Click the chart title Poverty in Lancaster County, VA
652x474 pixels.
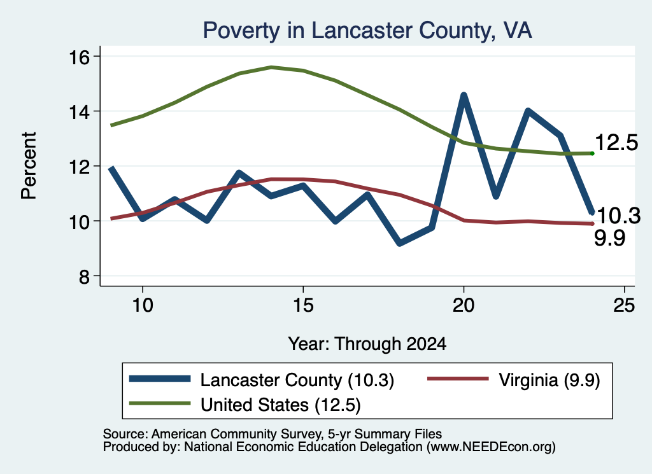[367, 31]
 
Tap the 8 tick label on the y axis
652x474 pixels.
[84, 277]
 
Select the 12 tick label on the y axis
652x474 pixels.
[78, 167]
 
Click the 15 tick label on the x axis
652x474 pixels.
[303, 305]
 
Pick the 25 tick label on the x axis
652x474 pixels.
[624, 305]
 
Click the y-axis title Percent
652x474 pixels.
[29, 165]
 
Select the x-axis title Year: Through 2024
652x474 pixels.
[367, 344]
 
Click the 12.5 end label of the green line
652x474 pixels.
[616, 143]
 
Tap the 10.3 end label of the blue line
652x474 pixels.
[618, 216]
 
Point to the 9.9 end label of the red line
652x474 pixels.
[609, 239]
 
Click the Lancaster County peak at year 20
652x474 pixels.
[464, 95]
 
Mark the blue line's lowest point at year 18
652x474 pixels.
[400, 243]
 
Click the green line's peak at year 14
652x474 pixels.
[271, 67]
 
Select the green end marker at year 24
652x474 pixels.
[592, 154]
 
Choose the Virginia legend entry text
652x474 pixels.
[549, 380]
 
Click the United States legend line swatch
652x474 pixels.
[160, 403]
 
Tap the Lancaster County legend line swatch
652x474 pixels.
[160, 379]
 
